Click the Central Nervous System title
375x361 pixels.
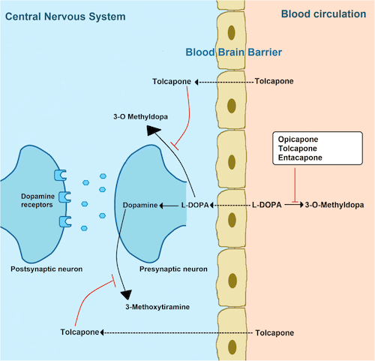click(x=65, y=17)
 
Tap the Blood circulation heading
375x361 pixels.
click(x=323, y=14)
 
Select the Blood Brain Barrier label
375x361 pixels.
click(x=233, y=53)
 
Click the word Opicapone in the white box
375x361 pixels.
click(x=298, y=140)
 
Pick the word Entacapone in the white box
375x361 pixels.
click(x=300, y=158)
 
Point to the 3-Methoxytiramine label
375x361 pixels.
click(x=157, y=307)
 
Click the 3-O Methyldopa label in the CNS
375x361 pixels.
click(x=140, y=117)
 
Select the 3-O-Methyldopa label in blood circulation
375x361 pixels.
click(x=334, y=205)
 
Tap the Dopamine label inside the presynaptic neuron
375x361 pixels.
click(x=140, y=206)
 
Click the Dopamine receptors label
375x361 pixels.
click(x=37, y=200)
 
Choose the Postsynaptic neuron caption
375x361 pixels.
click(x=46, y=269)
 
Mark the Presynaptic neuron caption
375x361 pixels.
click(x=173, y=269)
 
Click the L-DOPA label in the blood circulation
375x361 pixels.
click(x=266, y=205)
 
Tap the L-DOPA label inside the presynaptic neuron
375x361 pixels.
click(x=195, y=206)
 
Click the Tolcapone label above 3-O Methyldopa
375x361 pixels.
click(x=172, y=82)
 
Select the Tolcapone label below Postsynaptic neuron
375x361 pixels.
click(x=79, y=332)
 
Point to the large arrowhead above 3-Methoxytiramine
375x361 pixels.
click(x=127, y=294)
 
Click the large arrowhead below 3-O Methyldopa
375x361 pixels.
click(x=153, y=131)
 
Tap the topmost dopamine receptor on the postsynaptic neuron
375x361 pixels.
click(x=60, y=175)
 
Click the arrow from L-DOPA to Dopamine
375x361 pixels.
click(x=169, y=206)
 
